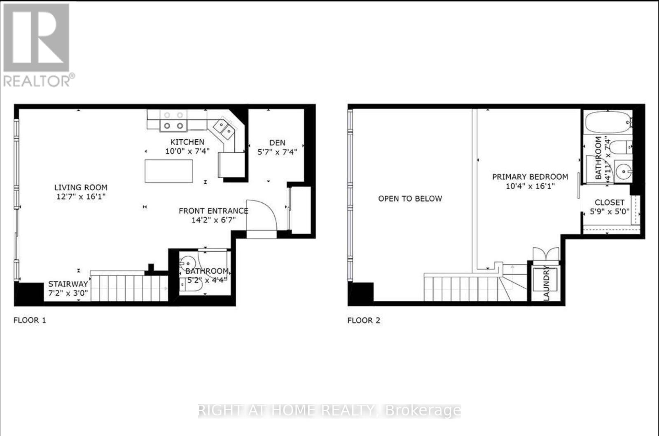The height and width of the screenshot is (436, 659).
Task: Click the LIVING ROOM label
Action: (x=81, y=188)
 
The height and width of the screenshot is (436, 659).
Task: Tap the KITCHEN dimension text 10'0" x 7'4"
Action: (x=187, y=151)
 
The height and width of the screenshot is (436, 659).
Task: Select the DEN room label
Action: (x=277, y=143)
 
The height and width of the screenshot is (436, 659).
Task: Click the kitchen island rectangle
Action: (x=169, y=171)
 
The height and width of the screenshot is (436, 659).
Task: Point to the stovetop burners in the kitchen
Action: (x=173, y=121)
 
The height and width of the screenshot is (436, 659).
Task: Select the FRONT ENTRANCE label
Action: (x=213, y=211)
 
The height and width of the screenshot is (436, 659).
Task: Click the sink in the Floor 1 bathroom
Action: (x=188, y=263)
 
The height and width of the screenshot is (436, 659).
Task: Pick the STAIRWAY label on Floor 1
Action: (x=68, y=284)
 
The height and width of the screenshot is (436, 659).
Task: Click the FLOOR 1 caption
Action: (x=30, y=320)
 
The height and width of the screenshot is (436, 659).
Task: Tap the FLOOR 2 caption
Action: (x=364, y=320)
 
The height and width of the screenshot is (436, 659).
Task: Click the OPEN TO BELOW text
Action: (x=410, y=199)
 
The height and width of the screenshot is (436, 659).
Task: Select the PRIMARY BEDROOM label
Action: (x=530, y=177)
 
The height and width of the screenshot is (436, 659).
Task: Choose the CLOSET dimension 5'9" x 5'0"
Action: (x=609, y=212)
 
